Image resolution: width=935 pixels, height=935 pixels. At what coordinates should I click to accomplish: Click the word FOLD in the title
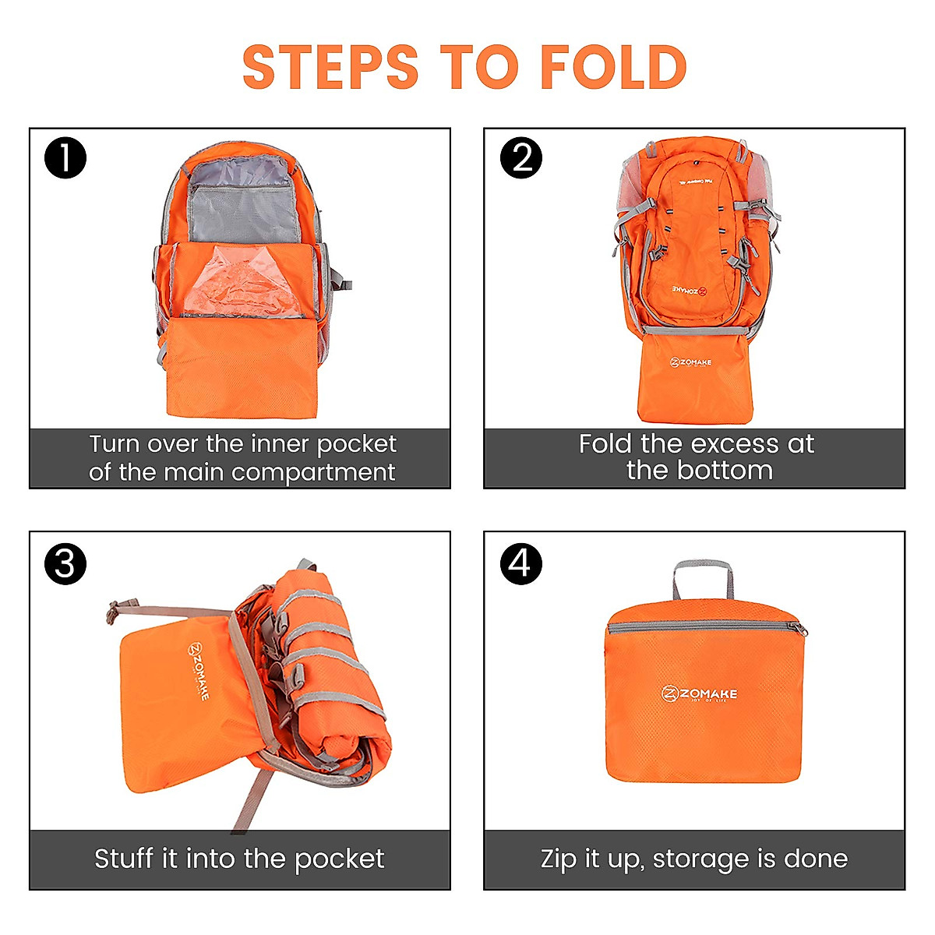click(x=613, y=67)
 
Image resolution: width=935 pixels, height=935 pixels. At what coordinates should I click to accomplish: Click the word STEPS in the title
click(x=330, y=67)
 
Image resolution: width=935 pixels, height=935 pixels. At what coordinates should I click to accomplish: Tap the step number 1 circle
click(x=65, y=157)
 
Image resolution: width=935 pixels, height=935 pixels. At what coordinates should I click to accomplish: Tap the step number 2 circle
click(x=520, y=157)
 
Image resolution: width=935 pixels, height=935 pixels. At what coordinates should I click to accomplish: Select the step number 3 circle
click(x=65, y=563)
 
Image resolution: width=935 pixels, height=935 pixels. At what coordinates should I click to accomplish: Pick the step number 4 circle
click(x=520, y=563)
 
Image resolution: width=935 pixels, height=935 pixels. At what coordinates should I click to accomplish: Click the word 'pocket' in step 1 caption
click(x=357, y=444)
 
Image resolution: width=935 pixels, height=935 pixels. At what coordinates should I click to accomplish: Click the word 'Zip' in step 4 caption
click(x=557, y=859)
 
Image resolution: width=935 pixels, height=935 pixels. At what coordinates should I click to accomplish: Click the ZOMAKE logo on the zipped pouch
click(x=699, y=693)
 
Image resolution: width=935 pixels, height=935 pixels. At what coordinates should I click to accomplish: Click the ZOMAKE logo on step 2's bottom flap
click(x=690, y=363)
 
